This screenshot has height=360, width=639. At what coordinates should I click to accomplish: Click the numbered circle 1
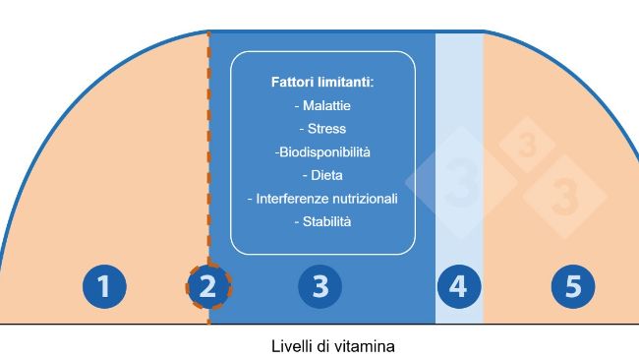[103, 287]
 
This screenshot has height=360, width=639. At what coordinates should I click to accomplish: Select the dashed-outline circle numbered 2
[207, 287]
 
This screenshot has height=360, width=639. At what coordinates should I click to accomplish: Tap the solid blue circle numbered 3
[319, 287]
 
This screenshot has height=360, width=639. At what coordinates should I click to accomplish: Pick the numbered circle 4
[458, 287]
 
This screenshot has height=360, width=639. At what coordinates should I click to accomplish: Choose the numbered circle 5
[573, 287]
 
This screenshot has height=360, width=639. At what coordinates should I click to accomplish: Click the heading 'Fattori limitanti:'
[322, 83]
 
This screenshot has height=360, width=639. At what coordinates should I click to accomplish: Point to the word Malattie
[322, 105]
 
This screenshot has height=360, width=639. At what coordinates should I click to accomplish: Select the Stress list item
[322, 129]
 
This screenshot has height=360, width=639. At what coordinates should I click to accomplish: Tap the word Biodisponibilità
[322, 152]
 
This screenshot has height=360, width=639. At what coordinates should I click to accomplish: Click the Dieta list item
[322, 176]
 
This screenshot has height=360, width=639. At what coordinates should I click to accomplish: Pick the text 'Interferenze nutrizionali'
[322, 199]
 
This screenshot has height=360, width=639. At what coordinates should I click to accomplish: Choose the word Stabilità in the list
[322, 222]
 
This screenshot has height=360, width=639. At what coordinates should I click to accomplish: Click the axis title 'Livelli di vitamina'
[333, 346]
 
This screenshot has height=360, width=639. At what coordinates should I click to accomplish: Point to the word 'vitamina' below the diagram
[367, 346]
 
